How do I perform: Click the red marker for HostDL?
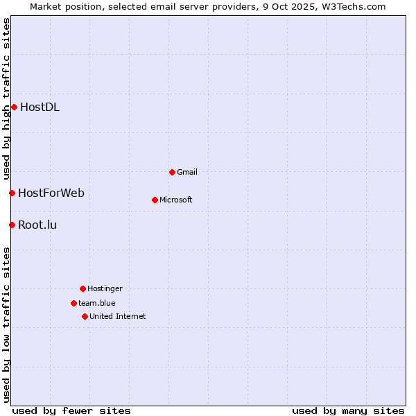click(x=14, y=107)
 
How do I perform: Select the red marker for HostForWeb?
click(x=12, y=193)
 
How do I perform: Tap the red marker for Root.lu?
click(x=12, y=225)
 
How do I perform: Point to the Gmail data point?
click(x=172, y=172)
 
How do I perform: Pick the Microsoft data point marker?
click(x=155, y=200)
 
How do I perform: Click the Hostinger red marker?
click(x=83, y=288)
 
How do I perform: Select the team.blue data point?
click(x=73, y=303)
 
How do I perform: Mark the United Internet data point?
click(x=85, y=316)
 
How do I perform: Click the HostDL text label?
click(x=40, y=107)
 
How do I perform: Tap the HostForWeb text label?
click(x=51, y=193)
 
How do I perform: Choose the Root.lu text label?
click(x=37, y=225)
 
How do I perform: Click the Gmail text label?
click(x=187, y=172)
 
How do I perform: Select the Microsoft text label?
click(x=176, y=200)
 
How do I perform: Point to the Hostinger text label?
click(x=105, y=288)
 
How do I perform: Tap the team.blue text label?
click(x=97, y=303)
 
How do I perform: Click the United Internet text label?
click(x=118, y=316)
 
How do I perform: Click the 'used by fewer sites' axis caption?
click(x=71, y=410)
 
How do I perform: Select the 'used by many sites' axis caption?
click(x=348, y=410)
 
